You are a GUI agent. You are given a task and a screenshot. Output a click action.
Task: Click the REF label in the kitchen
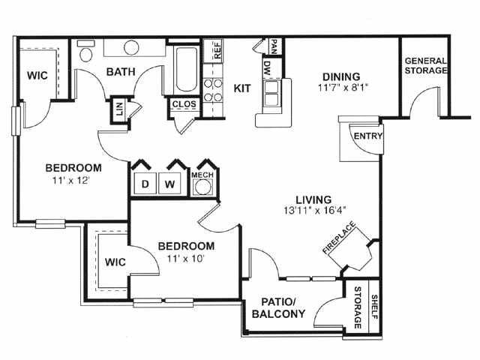pos(217,49)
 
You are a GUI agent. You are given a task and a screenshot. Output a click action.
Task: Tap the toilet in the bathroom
pos(86,52)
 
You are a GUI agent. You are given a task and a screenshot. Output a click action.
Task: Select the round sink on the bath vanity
pos(131,47)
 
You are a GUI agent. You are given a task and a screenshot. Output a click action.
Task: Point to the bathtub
pos(185,69)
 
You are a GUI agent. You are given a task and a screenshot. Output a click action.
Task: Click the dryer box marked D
pos(145,184)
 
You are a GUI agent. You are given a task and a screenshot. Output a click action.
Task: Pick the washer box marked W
pos(169,184)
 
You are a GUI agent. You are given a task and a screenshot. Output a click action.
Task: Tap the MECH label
pos(202,175)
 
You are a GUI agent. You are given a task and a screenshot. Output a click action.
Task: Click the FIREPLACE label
pos(339,238)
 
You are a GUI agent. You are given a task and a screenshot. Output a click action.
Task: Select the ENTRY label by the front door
pos(367,136)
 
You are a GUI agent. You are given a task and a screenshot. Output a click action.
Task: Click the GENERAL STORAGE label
pos(425,65)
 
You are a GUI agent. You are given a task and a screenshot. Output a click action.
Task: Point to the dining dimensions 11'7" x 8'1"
pos(342,88)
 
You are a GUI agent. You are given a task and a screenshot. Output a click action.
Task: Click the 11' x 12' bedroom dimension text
pos(70,181)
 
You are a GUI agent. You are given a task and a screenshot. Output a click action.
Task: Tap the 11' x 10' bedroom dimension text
pos(185,259)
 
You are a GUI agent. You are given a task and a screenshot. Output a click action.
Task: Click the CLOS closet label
pos(184,104)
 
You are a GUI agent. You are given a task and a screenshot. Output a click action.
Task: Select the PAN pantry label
pos(274,46)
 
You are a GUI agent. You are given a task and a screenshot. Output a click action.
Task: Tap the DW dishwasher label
pos(267,68)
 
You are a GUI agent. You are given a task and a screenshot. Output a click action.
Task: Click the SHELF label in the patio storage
pos(374,307)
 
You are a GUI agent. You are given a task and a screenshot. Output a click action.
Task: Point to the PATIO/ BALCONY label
pos(278,307)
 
